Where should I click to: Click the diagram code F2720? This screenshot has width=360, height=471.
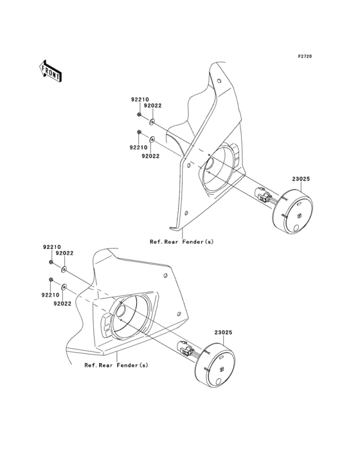tap(305, 56)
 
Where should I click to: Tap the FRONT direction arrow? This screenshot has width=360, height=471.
tap(50, 71)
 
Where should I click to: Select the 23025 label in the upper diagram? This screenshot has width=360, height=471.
tap(301, 179)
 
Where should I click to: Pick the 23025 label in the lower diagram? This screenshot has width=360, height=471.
tap(223, 333)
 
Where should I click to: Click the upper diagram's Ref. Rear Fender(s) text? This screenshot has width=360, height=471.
tap(181, 242)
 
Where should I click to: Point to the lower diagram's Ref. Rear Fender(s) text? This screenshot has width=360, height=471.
tap(116, 365)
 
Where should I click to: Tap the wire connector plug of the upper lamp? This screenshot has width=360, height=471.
tap(262, 195)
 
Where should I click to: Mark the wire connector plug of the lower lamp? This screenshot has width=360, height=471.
tap(184, 348)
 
